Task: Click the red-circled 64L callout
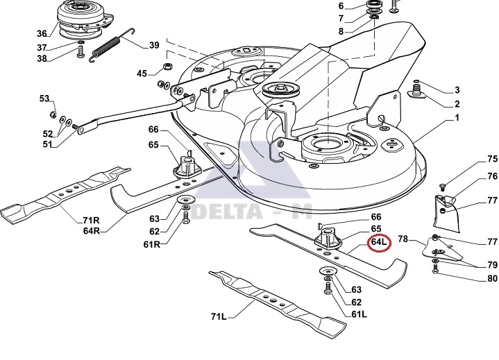[380, 243]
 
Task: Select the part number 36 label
[42, 33]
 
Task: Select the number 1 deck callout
[457, 119]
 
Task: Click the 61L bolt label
[358, 315]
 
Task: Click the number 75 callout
[473, 160]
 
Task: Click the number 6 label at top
[341, 6]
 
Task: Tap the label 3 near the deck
[457, 90]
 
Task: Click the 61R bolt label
[152, 245]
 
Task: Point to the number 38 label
[42, 58]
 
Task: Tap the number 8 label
[341, 31]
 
